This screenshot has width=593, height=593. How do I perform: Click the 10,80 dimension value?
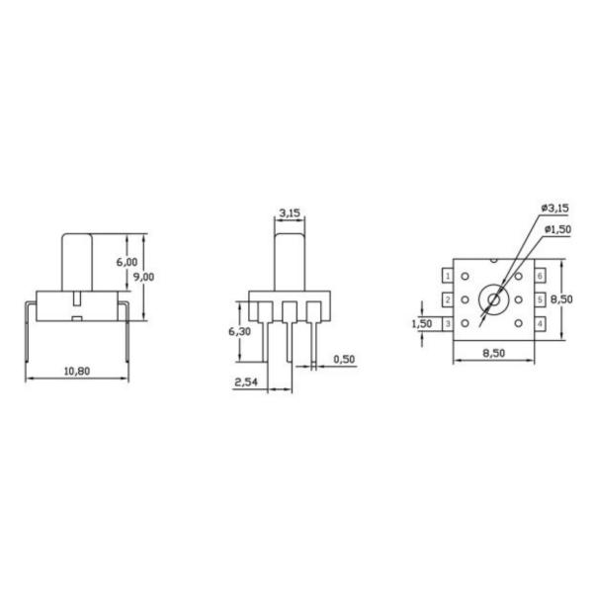coord(76,371)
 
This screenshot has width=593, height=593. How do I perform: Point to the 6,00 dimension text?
coord(126,262)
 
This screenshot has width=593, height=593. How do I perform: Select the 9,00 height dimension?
coord(143,278)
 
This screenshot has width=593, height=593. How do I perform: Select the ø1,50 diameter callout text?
coord(557,229)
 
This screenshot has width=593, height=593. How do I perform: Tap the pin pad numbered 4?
coord(541,323)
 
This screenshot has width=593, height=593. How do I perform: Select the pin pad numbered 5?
coord(541,299)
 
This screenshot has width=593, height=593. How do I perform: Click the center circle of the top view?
coord(491,298)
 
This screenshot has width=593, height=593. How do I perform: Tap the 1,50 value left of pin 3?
coord(421,323)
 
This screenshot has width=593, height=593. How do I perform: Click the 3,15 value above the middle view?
coord(290,212)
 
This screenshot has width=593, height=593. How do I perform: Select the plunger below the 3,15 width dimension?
coord(290,259)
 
